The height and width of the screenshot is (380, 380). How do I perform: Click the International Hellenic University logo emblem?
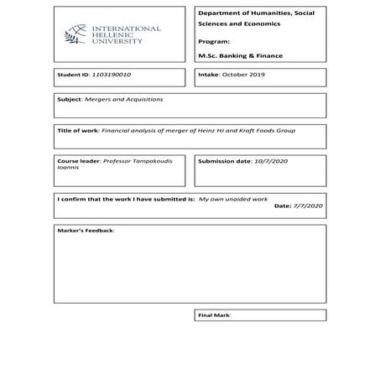point(75,34)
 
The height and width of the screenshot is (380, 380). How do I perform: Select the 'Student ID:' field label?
point(73,75)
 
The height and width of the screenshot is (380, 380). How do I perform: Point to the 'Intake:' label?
point(209,75)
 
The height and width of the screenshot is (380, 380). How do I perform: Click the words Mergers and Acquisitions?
point(112,99)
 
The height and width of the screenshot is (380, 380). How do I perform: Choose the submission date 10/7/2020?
point(271,159)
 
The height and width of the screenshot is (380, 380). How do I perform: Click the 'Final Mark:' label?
point(214,315)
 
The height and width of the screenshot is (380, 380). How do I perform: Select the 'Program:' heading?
point(213,39)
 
